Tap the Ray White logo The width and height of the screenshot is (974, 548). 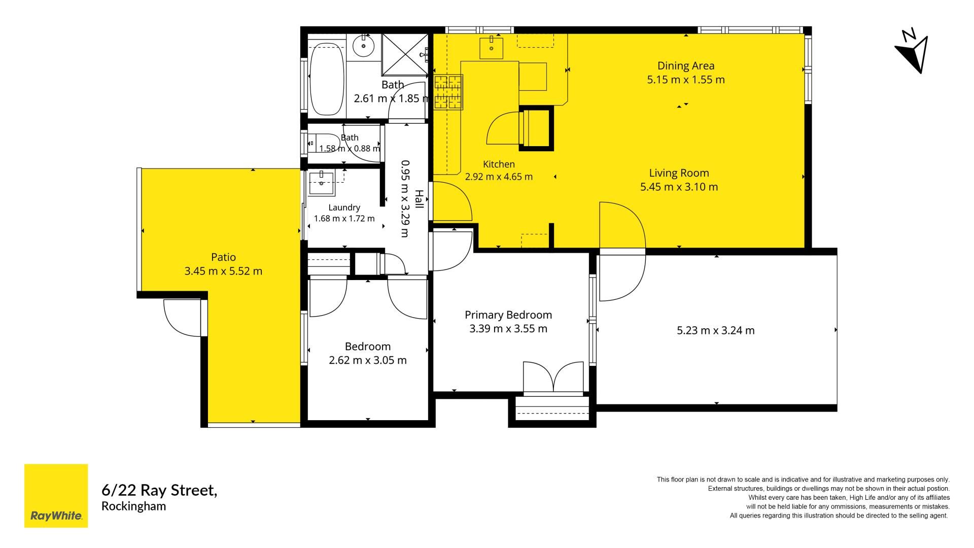click(56, 496)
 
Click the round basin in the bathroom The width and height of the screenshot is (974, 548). click(364, 46)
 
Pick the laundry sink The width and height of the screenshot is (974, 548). click(321, 183)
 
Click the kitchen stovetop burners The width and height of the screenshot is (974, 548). click(448, 92)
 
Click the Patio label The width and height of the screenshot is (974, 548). click(224, 257)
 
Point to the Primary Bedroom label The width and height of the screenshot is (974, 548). click(508, 315)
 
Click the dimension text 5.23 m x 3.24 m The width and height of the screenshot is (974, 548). click(716, 330)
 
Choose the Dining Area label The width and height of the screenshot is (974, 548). click(686, 65)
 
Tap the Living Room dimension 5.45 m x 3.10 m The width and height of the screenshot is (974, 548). click(679, 187)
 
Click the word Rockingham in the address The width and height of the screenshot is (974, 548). click(134, 506)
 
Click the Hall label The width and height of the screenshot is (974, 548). click(419, 199)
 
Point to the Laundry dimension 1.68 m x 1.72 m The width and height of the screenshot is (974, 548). click(344, 219)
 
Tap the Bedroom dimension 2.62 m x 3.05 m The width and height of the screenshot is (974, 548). click(368, 360)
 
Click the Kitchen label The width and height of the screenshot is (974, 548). click(499, 164)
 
